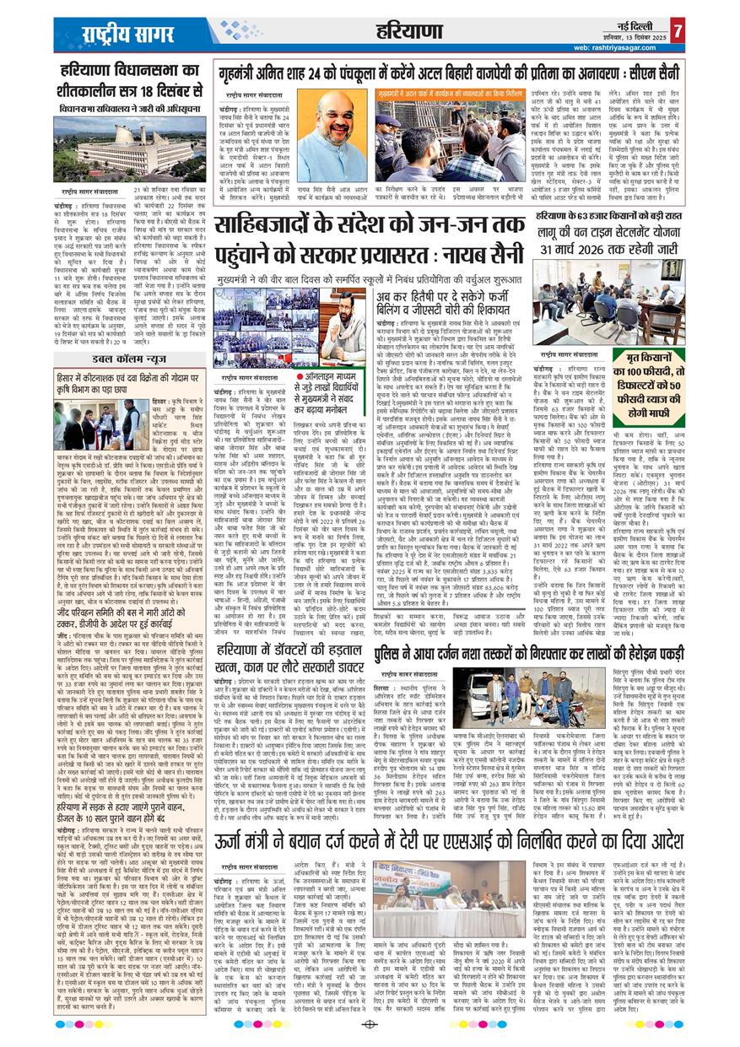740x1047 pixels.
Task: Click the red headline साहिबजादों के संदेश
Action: pyautogui.click(x=369, y=240)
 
